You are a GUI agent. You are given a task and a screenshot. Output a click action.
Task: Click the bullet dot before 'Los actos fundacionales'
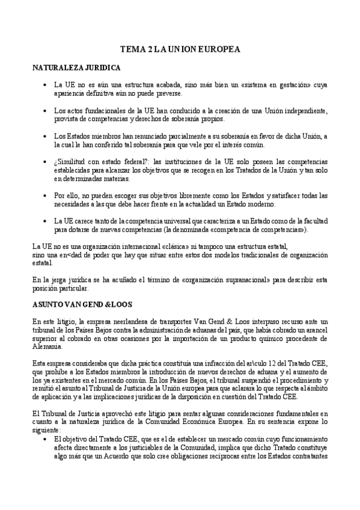click(46, 111)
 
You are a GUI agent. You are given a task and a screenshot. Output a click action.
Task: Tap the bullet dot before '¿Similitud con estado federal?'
click(46, 162)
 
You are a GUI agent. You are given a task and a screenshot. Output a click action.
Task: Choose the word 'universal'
click(162, 221)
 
